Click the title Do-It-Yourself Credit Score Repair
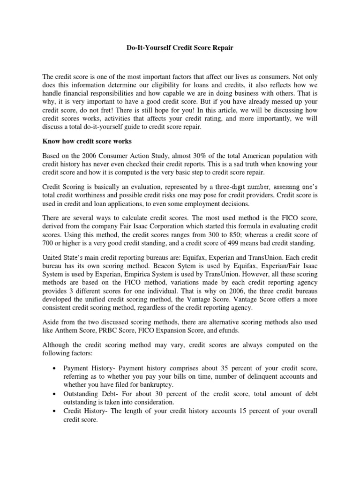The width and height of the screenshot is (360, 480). pos(180,48)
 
